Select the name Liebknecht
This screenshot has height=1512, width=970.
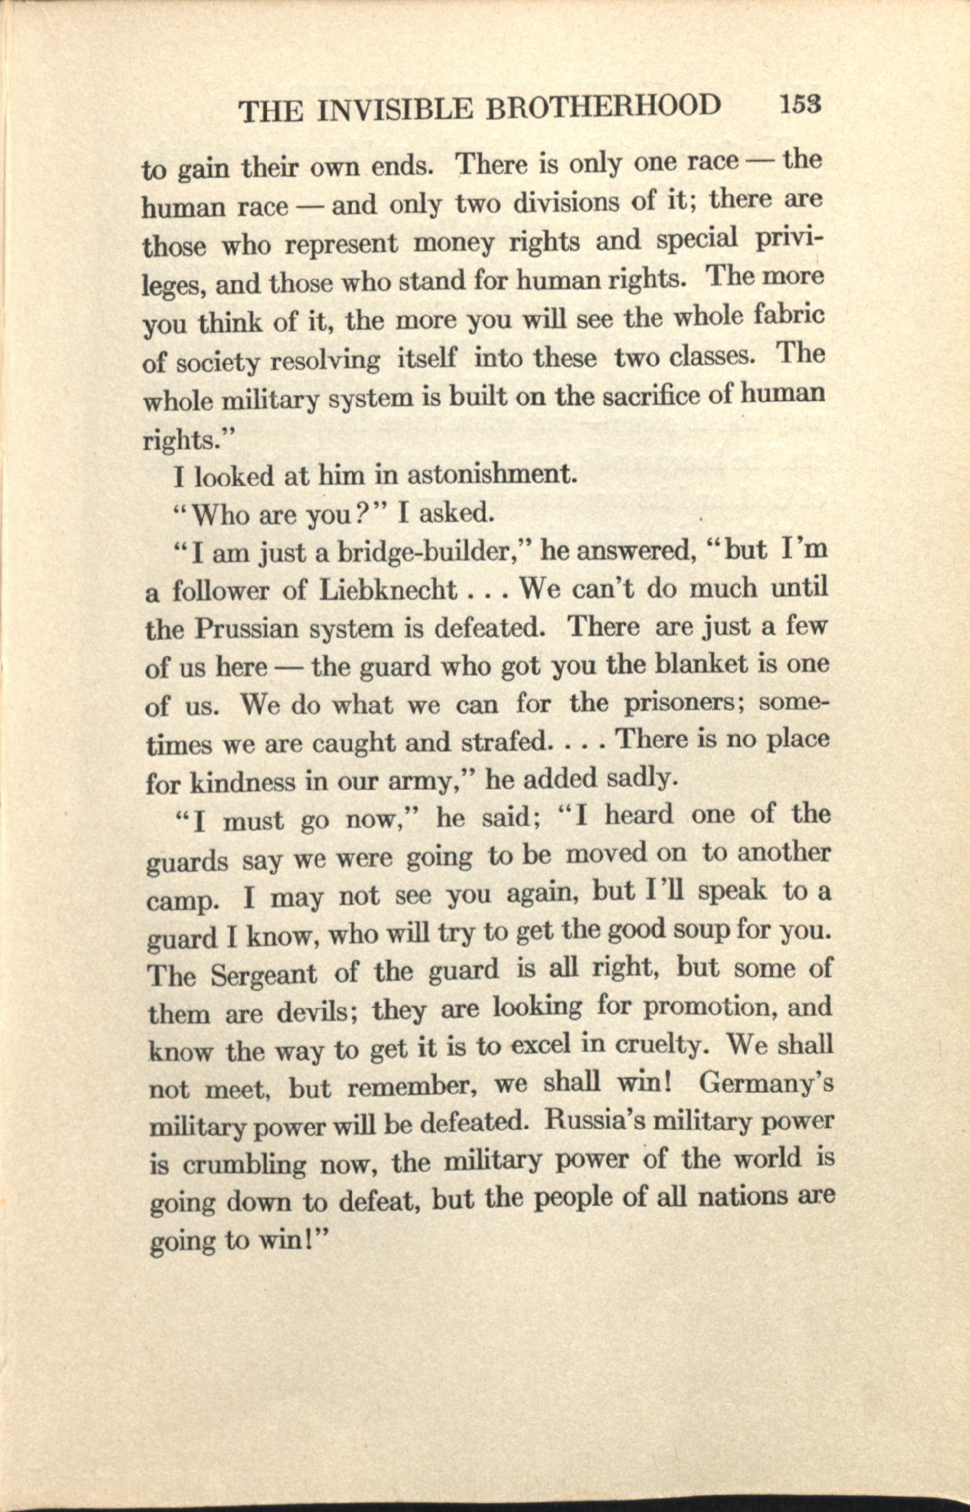click(388, 590)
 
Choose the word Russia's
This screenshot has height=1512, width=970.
click(596, 1122)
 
